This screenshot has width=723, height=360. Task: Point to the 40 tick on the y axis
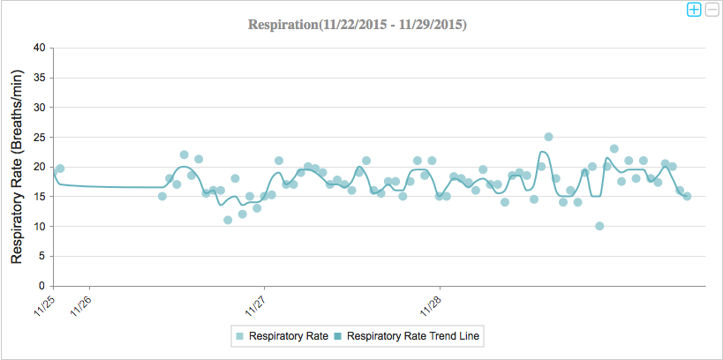coord(39,48)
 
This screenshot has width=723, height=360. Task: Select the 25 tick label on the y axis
coord(39,137)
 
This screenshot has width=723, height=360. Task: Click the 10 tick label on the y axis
coord(39,226)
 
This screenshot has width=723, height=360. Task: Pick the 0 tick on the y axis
coord(41,286)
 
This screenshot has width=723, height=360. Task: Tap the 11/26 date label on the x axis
coord(80,304)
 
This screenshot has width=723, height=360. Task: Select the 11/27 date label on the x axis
coord(256,304)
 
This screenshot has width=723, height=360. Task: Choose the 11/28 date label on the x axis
coord(431,304)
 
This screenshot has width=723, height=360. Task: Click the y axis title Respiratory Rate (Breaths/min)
coord(16,167)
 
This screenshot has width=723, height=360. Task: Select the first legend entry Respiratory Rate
coord(289,336)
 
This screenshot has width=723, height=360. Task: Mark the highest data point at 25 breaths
coord(548,137)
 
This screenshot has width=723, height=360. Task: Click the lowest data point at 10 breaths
coord(599,226)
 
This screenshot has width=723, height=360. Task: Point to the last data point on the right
coord(687,196)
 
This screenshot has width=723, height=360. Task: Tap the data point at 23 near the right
coord(614,149)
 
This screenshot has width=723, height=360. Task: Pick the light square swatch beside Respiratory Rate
coord(239,336)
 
